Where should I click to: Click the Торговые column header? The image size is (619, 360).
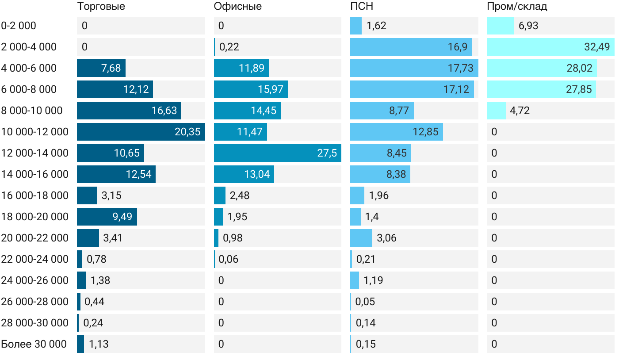click(101, 6)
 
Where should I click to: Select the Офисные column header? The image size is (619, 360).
click(237, 6)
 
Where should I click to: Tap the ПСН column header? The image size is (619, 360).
click(359, 6)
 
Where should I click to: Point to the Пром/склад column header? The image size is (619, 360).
click(517, 6)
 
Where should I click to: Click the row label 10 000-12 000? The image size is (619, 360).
click(35, 132)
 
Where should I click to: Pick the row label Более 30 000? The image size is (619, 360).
click(34, 344)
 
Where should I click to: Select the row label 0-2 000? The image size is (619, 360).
click(19, 26)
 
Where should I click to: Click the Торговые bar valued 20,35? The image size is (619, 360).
click(141, 132)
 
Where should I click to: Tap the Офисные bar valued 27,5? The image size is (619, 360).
click(277, 153)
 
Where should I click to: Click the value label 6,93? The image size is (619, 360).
click(528, 26)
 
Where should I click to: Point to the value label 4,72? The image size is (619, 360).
click(520, 111)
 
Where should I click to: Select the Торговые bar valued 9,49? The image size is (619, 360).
click(107, 217)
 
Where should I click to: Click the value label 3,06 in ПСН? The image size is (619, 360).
click(386, 238)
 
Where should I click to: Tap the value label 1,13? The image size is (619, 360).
click(99, 344)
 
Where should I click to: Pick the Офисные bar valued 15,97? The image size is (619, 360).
click(251, 89)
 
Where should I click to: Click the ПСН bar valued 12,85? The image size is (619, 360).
click(396, 132)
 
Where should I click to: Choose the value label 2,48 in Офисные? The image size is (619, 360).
click(240, 195)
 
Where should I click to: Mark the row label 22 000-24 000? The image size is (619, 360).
click(35, 259)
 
